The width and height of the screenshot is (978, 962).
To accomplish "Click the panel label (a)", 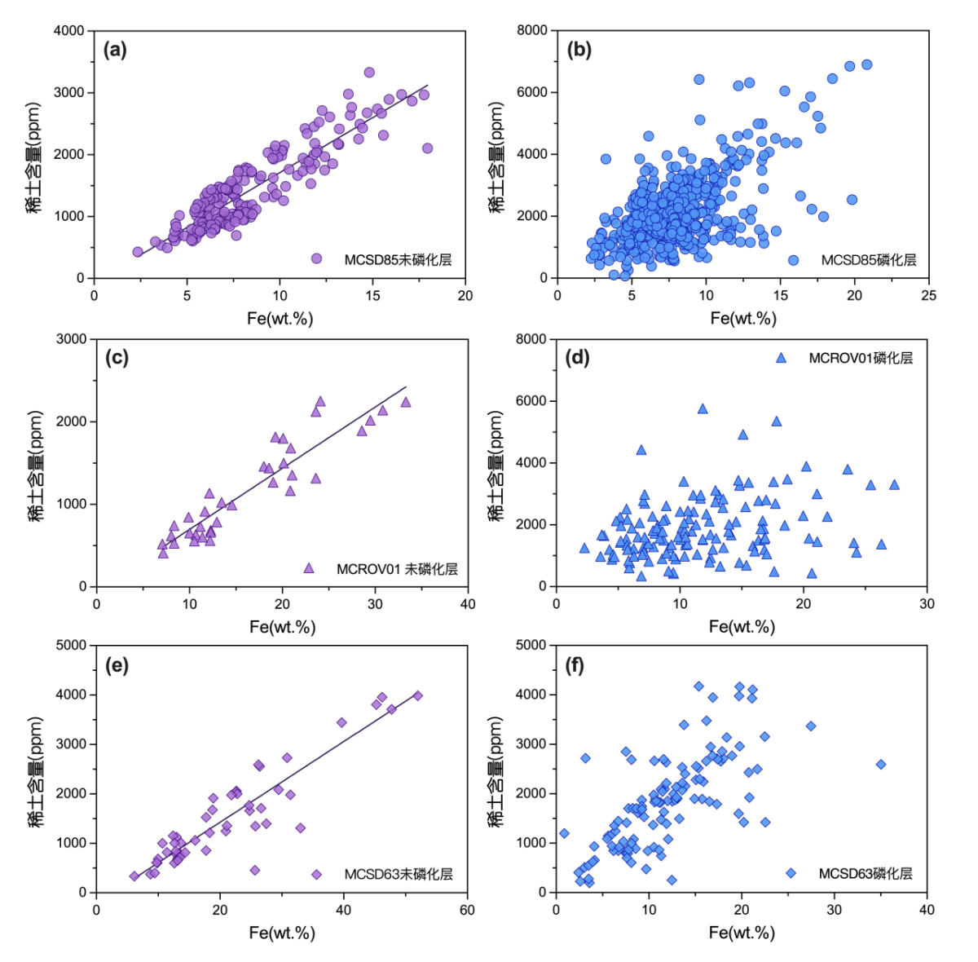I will (x=115, y=50).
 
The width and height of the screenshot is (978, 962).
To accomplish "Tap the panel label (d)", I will (x=577, y=358).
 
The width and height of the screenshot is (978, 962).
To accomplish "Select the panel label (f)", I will (x=575, y=666).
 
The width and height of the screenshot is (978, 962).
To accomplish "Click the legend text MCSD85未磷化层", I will (x=398, y=260).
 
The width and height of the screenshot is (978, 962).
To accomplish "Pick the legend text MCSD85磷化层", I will (x=868, y=260).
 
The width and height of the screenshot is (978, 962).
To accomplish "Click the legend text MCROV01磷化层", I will (x=861, y=358).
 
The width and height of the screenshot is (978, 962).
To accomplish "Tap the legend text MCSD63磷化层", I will (x=866, y=873).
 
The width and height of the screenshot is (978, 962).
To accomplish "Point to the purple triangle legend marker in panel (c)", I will (x=309, y=568).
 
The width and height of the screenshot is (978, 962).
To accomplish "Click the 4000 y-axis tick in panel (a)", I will (x=69, y=31).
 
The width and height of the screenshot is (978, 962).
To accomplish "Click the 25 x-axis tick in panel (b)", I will (x=929, y=295).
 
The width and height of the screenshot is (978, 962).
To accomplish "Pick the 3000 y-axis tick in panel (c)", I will (x=72, y=339).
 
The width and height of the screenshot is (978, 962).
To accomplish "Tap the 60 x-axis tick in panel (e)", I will (x=467, y=910).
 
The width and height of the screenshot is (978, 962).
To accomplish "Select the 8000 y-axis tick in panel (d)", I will (x=531, y=339).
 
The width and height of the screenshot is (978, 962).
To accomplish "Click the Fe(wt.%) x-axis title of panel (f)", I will (x=742, y=933).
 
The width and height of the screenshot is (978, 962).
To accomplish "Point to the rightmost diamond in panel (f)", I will (x=881, y=765).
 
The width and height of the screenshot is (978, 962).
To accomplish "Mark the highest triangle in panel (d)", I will (x=703, y=409).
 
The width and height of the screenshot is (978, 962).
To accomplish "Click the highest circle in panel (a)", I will (x=369, y=73).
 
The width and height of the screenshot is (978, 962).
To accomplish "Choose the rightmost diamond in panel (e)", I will (x=418, y=695).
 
